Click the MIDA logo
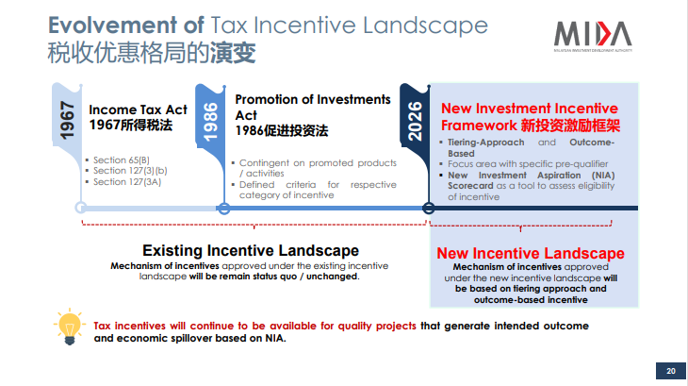tap(593, 37)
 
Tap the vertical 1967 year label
tap(67, 120)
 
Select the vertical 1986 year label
tap(210, 122)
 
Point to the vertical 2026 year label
tap(415, 121)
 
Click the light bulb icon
tap(70, 327)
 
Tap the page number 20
tap(671, 371)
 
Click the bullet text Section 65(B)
tap(121, 160)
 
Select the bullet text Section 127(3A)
tap(127, 182)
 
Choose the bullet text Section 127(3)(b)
tap(130, 171)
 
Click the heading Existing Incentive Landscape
tap(251, 250)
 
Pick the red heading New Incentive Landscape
tap(531, 253)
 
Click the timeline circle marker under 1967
tap(81, 208)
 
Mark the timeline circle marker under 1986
tap(223, 209)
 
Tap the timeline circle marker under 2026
tap(429, 209)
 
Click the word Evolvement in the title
tap(112, 25)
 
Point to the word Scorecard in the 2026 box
tap(470, 186)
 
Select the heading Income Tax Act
tap(138, 109)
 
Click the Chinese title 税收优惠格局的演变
tap(152, 53)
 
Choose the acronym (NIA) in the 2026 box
tap(603, 176)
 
